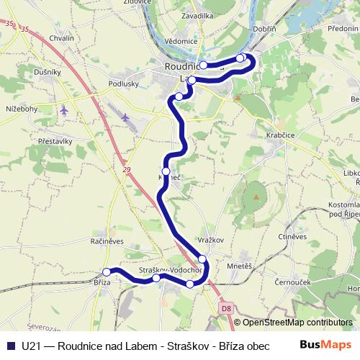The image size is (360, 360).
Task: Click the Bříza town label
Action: (x=102, y=282)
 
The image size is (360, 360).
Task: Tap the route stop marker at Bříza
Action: (x=107, y=272)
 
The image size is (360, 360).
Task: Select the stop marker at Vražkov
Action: (x=202, y=258)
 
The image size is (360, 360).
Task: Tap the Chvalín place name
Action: (x=62, y=58)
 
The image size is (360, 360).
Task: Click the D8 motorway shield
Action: (x=226, y=308)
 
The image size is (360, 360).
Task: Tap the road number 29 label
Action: (x=128, y=168)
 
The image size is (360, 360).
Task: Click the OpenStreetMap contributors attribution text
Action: (x=297, y=323)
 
